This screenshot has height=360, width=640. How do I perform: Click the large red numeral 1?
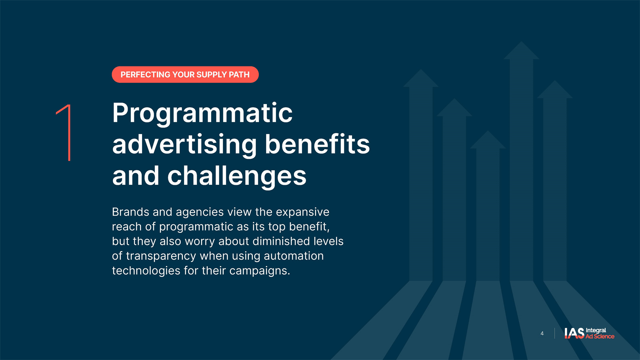click(68, 132)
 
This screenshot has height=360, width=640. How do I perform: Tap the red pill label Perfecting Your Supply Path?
click(185, 74)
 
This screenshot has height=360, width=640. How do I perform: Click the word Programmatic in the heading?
click(202, 114)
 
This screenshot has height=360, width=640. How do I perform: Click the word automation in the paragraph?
click(294, 256)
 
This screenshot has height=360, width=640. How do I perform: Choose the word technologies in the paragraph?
click(146, 271)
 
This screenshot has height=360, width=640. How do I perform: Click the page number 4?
click(542, 334)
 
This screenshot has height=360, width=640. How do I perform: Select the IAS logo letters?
click(574, 333)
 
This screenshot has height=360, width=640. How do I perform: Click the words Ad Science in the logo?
click(600, 336)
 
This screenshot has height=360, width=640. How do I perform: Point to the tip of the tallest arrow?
click(522, 42)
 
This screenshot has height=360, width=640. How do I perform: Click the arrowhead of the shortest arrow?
click(488, 140)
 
